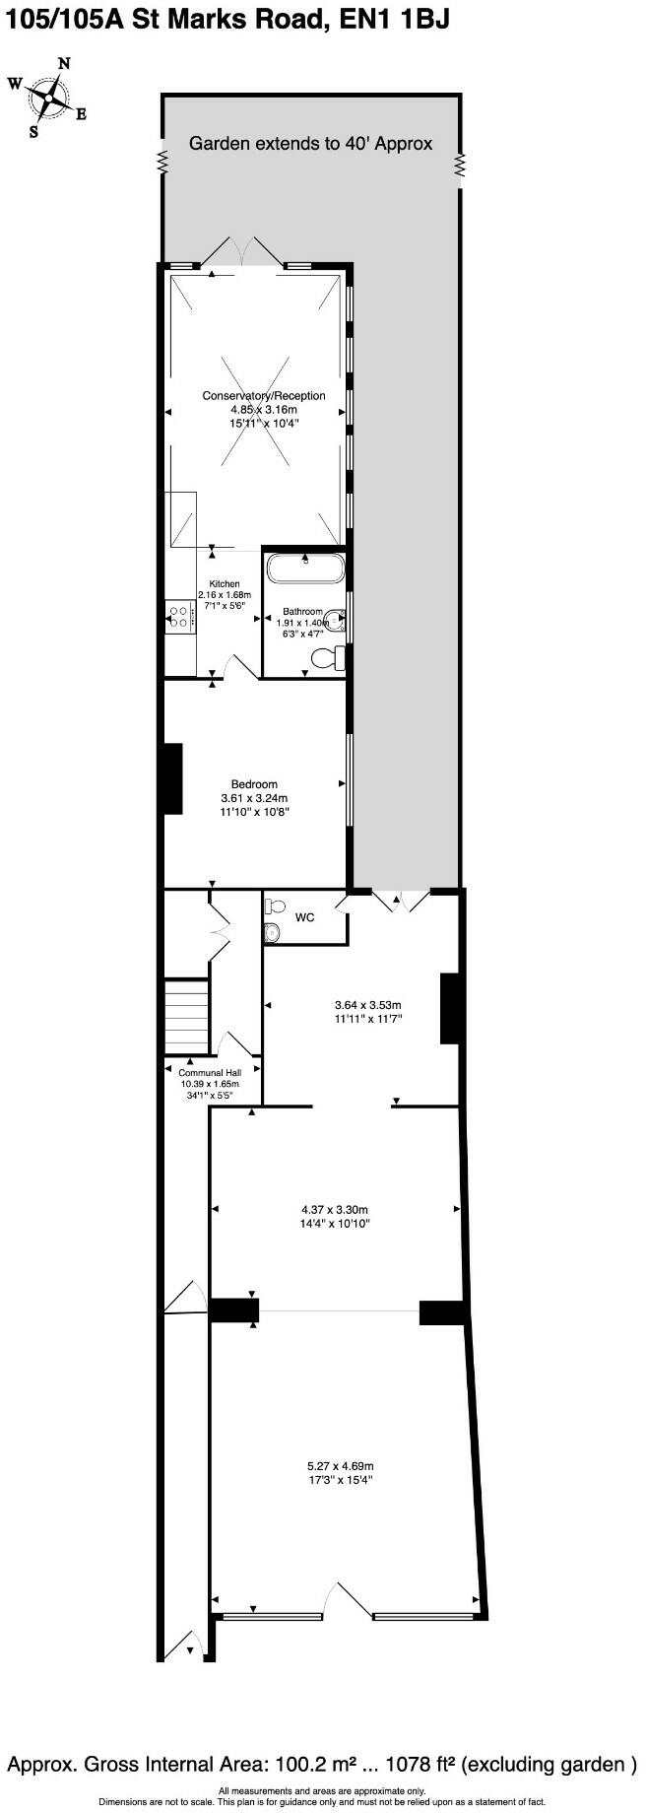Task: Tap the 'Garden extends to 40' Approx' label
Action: (310, 144)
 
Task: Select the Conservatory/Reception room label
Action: (264, 396)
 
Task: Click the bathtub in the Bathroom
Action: (304, 569)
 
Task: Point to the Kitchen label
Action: (225, 584)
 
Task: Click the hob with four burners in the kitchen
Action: (179, 617)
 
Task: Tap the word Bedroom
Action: (254, 784)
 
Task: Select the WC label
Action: (305, 917)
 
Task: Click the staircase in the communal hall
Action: (187, 1015)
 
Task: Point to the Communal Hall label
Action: (210, 1073)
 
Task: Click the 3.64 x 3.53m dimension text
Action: (368, 1006)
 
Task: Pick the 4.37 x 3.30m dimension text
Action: (335, 1210)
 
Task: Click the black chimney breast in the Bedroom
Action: (172, 778)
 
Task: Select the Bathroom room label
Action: (303, 612)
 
